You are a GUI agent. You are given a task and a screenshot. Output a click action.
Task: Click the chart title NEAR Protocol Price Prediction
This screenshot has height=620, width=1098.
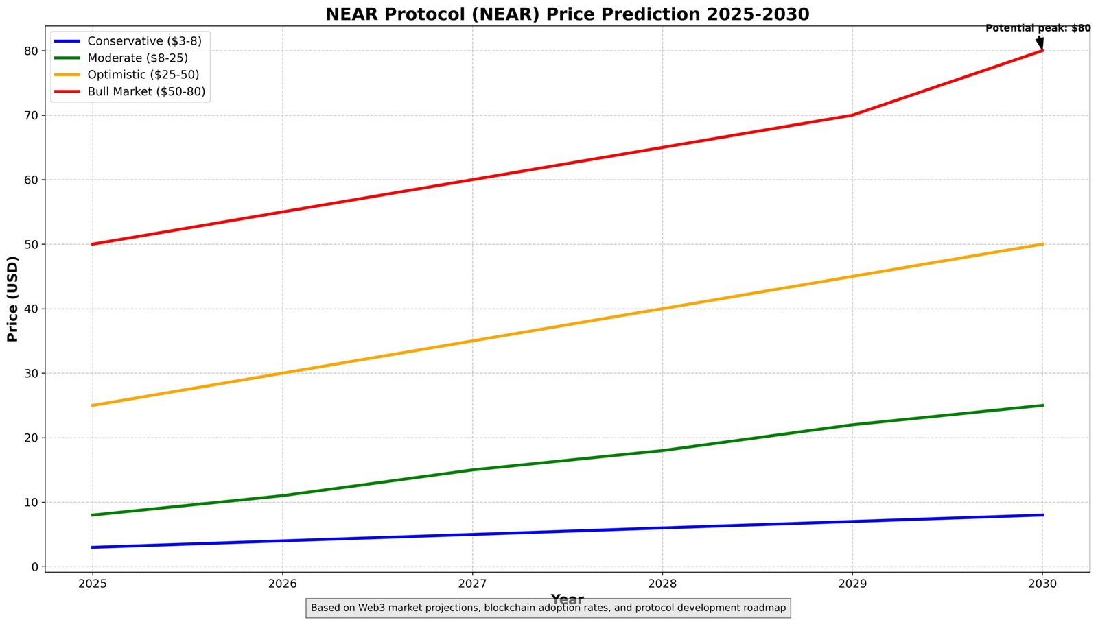[567, 14]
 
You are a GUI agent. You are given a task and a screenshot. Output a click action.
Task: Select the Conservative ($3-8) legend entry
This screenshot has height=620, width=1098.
[144, 41]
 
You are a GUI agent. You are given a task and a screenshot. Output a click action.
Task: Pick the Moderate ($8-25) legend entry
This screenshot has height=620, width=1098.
[137, 58]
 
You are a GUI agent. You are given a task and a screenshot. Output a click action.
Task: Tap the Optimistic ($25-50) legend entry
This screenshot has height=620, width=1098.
[143, 75]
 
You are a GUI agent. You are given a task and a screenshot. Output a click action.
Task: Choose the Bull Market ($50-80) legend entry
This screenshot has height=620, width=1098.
[146, 92]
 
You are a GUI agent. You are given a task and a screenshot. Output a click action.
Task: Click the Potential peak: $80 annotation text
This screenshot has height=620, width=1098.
[1037, 28]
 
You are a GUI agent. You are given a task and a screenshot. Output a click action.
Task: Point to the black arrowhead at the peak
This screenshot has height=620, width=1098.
[1040, 44]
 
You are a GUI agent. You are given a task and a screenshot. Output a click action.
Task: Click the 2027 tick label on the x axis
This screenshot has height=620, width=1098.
[472, 584]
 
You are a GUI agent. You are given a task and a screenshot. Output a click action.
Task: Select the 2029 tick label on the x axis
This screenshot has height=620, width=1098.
[852, 584]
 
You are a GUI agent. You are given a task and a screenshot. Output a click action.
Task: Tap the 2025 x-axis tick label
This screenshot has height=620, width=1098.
[92, 584]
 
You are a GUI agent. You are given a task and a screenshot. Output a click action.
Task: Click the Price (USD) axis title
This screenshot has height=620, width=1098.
[12, 298]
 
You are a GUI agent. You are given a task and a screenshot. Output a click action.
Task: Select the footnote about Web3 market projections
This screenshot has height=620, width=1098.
[548, 608]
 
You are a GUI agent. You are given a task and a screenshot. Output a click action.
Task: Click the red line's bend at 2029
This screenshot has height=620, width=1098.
[852, 115]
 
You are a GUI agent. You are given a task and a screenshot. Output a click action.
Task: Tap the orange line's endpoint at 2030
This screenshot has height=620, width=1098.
[1042, 244]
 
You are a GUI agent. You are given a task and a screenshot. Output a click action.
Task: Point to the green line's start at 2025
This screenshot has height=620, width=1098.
[93, 515]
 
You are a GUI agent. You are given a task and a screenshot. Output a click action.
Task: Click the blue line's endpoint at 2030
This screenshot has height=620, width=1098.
[1042, 515]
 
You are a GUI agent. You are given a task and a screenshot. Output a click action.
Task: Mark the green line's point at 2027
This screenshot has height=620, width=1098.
[472, 470]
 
